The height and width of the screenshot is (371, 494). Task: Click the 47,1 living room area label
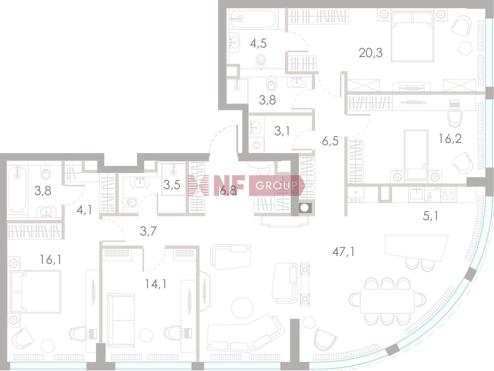pyautogui.click(x=343, y=252)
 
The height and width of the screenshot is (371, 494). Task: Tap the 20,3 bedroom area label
pyautogui.click(x=371, y=53)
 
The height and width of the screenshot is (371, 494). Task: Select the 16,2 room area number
pyautogui.click(x=450, y=139)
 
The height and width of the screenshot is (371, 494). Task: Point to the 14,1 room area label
pyautogui.click(x=156, y=284)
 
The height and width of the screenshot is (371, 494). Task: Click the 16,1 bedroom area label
pyautogui.click(x=50, y=260)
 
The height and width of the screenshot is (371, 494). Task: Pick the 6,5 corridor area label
pyautogui.click(x=330, y=141)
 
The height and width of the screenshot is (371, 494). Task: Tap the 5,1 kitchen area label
pyautogui.click(x=430, y=216)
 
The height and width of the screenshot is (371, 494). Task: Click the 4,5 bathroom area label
pyautogui.click(x=258, y=44)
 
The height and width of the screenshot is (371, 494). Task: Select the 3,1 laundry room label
pyautogui.click(x=282, y=131)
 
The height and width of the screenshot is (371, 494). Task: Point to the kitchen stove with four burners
pyautogui.click(x=448, y=194)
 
